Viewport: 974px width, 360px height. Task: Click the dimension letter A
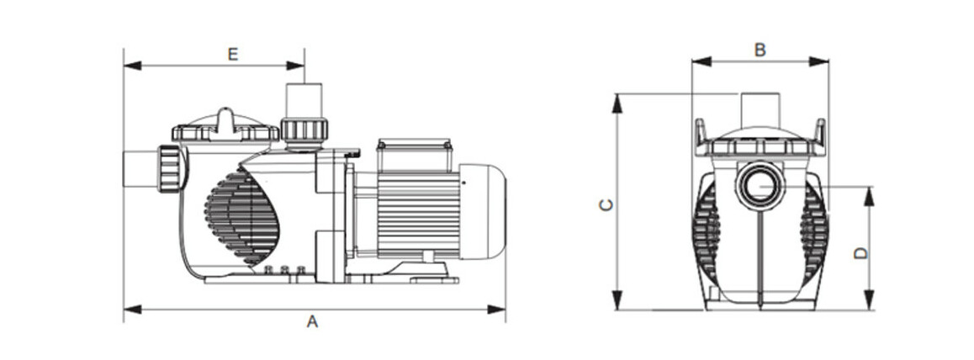312,322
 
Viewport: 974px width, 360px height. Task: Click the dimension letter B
760,50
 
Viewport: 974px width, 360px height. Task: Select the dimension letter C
604,204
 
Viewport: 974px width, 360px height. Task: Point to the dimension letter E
233,54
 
